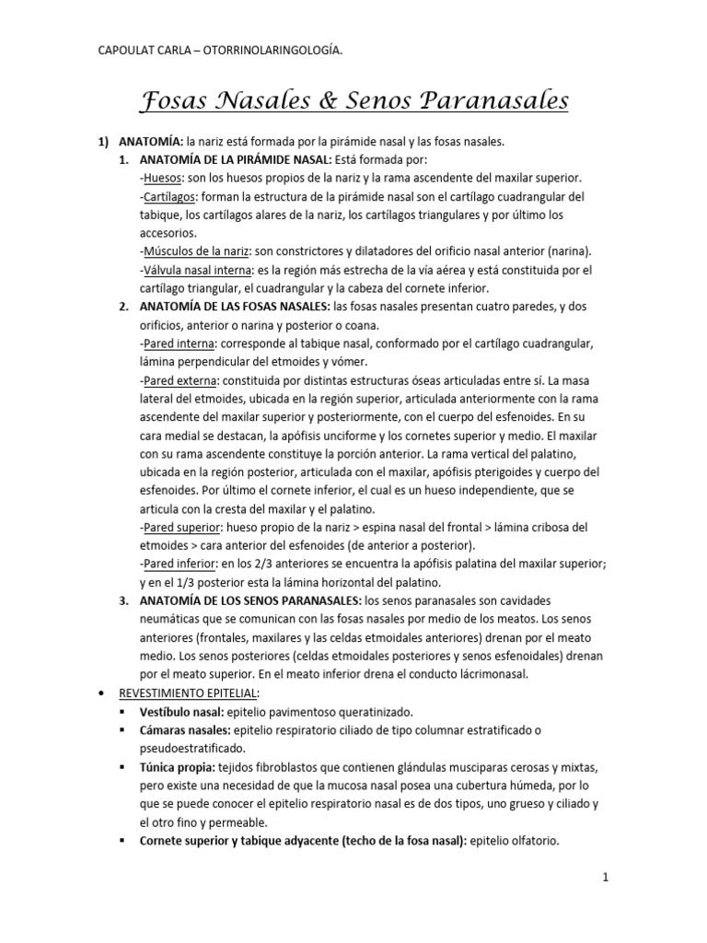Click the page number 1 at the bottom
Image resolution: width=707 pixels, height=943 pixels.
605,878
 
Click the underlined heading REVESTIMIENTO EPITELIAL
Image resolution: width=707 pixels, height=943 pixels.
188,693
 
